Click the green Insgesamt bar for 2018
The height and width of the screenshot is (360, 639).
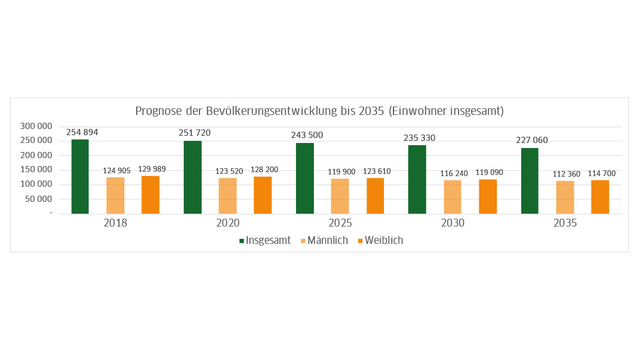tap(80, 177)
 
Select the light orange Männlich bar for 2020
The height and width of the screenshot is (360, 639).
tap(228, 196)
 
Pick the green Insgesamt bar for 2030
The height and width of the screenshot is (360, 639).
tap(417, 179)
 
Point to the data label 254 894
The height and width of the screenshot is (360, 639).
tap(82, 132)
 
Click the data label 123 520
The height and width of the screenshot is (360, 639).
tap(229, 171)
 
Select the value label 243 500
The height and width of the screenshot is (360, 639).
tap(307, 135)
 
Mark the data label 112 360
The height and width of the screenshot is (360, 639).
tap(566, 174)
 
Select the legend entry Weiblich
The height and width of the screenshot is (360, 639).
tap(383, 241)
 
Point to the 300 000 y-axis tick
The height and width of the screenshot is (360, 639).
tap(36, 126)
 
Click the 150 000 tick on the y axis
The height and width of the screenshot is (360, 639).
tap(36, 170)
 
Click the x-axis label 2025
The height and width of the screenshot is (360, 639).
tap(340, 223)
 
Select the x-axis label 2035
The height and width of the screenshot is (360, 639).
tap(565, 223)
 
